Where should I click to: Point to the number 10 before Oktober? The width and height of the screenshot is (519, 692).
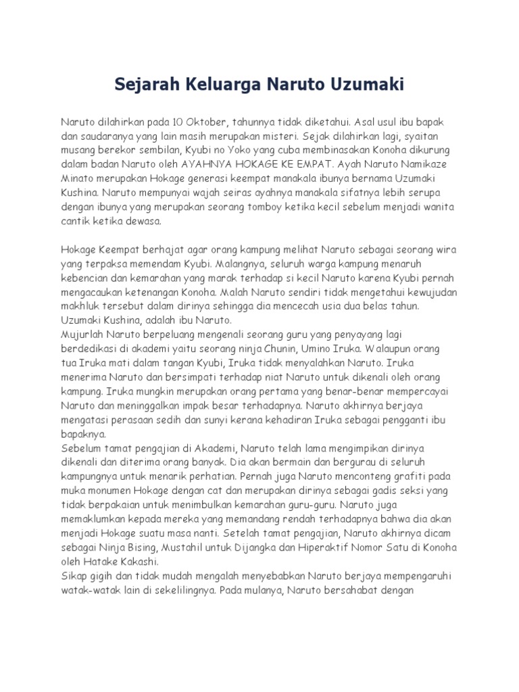[178, 124]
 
